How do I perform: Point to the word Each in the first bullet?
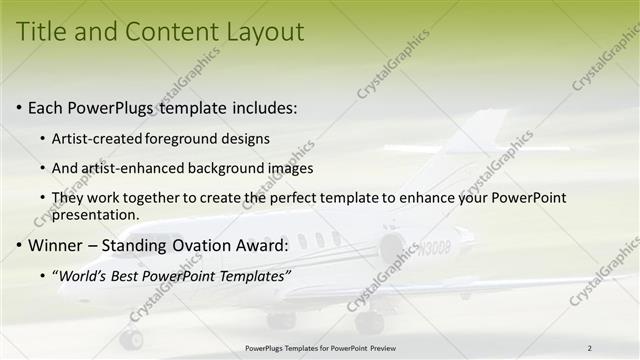point(46,107)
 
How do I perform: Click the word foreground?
point(181,138)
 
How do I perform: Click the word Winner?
point(59,245)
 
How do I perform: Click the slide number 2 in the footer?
point(590,348)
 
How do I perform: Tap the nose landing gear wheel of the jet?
point(131,339)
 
